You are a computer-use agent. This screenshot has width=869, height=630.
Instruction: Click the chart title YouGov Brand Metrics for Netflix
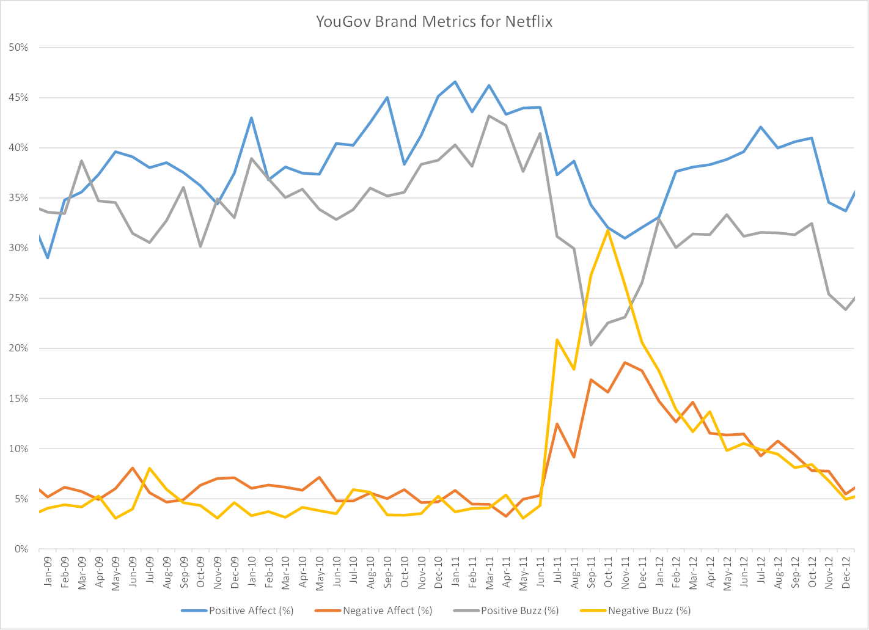click(434, 22)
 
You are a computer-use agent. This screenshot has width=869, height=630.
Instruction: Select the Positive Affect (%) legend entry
click(251, 610)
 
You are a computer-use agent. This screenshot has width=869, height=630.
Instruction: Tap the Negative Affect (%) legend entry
click(387, 610)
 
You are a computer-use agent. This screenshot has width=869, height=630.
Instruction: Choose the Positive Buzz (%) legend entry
click(519, 610)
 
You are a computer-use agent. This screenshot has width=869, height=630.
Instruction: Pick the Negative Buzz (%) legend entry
click(649, 610)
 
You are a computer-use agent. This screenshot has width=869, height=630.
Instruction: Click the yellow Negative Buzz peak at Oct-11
click(608, 230)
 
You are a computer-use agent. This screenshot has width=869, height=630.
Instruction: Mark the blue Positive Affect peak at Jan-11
click(455, 81)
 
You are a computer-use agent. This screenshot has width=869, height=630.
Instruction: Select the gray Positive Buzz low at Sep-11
click(591, 345)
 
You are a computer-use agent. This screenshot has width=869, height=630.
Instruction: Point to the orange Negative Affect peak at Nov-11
click(625, 362)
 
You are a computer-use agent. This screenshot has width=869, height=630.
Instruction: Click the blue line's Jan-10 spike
click(251, 118)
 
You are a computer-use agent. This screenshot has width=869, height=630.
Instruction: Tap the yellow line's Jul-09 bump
click(150, 468)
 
